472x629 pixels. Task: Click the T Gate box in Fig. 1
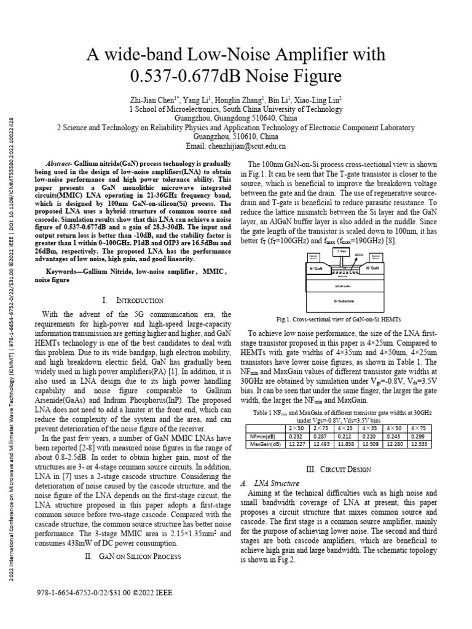click(342, 252)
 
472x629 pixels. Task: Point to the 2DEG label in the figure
click(360, 252)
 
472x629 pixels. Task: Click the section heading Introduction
click(141, 300)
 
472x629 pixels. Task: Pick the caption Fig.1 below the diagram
click(348, 319)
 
